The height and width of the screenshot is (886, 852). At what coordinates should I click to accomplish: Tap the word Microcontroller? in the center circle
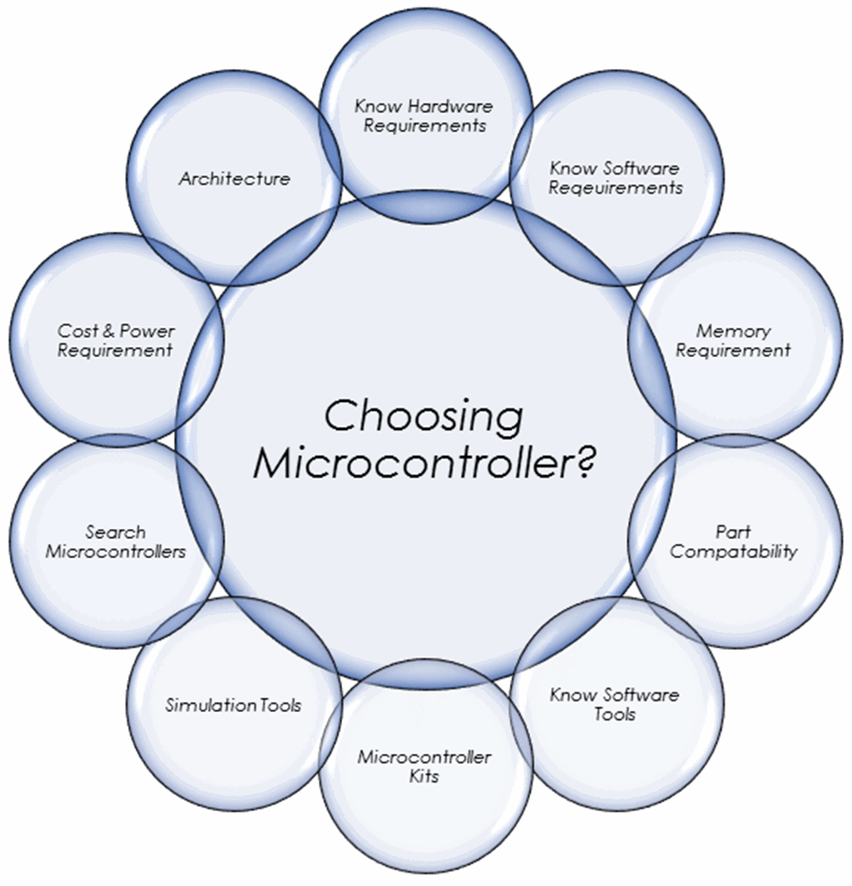coord(414,464)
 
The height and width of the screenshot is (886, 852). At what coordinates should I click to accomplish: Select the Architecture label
coord(235,179)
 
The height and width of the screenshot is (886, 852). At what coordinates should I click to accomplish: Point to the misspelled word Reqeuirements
coord(616,188)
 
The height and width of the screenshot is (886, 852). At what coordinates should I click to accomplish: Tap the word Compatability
coord(733,552)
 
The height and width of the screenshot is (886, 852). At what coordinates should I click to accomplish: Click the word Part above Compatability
coord(733,532)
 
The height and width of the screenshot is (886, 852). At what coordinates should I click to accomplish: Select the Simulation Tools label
coord(234,705)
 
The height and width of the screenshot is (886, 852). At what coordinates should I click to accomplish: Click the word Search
coord(116,532)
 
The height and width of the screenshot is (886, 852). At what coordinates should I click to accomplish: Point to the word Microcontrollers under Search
coord(116,552)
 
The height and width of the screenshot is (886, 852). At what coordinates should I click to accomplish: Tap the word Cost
coord(78,331)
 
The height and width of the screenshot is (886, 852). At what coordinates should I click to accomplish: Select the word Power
coord(146,331)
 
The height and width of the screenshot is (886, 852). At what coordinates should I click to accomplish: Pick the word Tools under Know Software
coord(615,715)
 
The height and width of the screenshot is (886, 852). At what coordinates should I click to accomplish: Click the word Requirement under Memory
coord(733,351)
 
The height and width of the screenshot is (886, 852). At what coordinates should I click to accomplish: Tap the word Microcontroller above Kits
coord(424,758)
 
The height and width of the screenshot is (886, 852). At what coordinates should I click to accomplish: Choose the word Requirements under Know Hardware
coord(424,126)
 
